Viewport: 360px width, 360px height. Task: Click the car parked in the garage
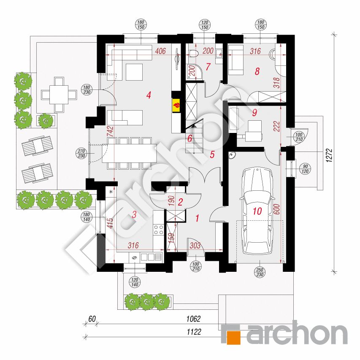(x=257, y=211)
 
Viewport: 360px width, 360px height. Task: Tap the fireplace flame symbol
(x=176, y=106)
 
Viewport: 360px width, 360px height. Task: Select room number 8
(x=257, y=71)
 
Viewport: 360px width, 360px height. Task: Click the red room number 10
(x=257, y=211)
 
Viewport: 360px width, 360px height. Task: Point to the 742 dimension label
(x=111, y=131)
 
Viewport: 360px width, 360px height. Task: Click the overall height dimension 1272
(x=329, y=156)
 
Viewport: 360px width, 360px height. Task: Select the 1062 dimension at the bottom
(x=193, y=319)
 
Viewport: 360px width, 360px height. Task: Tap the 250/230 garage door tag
(x=260, y=272)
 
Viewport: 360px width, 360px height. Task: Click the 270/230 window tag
(x=81, y=153)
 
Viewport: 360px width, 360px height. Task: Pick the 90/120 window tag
(x=305, y=169)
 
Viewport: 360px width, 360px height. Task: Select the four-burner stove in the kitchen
(x=158, y=230)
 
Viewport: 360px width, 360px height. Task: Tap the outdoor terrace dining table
(x=59, y=95)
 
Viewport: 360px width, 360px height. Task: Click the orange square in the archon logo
(x=233, y=338)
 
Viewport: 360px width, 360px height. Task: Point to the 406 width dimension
(x=160, y=51)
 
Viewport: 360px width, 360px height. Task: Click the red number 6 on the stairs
(x=189, y=138)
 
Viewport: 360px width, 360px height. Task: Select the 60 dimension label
(x=92, y=319)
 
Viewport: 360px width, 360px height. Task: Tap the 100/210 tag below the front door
(x=195, y=266)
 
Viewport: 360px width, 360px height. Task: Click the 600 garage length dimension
(x=277, y=209)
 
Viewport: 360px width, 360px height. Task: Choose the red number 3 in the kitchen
(x=134, y=214)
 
